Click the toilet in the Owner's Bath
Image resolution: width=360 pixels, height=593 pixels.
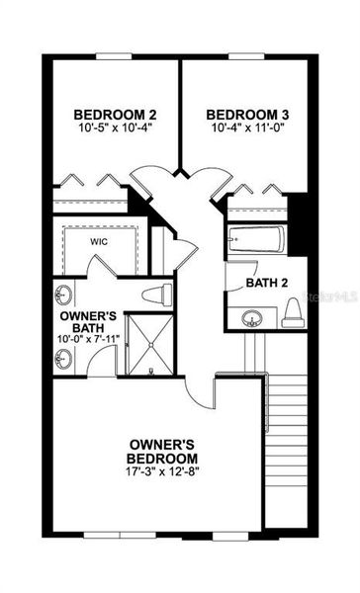(155, 294)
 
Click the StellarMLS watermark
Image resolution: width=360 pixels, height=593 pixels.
(330, 295)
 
